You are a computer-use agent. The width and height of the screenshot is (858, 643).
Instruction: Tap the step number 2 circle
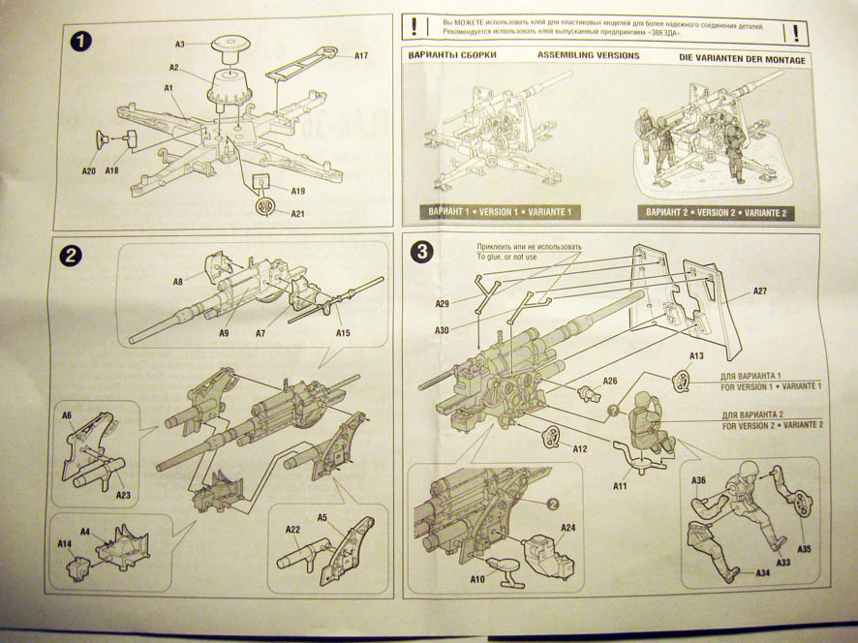pos(71,256)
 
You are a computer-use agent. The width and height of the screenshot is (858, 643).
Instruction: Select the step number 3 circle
pos(422,252)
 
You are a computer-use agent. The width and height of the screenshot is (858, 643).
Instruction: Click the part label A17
pos(360,56)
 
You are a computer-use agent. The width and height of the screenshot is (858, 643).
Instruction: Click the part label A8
pos(178,282)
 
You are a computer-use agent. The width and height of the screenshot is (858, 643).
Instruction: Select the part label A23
pos(122,496)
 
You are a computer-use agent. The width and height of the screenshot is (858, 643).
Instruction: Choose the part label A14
pos(65,544)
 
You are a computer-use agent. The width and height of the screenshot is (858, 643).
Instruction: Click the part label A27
pos(759,291)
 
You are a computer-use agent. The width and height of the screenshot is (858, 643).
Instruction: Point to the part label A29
pos(442,304)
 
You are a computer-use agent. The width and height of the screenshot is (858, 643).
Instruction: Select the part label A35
pos(804,548)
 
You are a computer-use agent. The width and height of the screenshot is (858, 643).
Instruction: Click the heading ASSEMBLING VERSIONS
pos(588,56)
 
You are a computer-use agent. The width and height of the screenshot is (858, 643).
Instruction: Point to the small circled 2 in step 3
pos(552,504)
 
